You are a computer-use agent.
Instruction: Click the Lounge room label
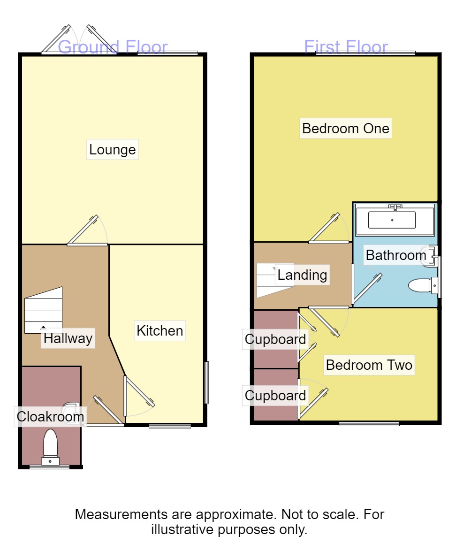click(x=113, y=150)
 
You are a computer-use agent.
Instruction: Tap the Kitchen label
click(x=160, y=330)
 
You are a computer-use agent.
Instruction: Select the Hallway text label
click(x=68, y=338)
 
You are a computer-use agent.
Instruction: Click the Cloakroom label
click(x=50, y=416)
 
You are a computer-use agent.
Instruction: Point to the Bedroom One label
click(x=346, y=128)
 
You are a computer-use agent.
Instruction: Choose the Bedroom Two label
click(x=369, y=365)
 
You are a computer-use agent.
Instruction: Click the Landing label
click(x=302, y=275)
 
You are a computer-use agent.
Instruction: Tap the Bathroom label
click(x=396, y=255)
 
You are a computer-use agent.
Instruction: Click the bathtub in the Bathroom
click(x=392, y=220)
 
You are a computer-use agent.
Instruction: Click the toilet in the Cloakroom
click(x=50, y=446)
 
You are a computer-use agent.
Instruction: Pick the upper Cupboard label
click(x=275, y=339)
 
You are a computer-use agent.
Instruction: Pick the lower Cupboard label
click(x=275, y=396)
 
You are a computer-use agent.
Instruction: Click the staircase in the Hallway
click(x=43, y=310)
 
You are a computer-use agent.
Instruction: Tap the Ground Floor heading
click(x=113, y=47)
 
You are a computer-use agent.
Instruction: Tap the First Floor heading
click(x=346, y=47)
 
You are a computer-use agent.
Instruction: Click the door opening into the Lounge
click(x=87, y=232)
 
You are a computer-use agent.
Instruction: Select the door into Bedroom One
click(x=328, y=230)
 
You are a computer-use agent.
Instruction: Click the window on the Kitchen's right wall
click(x=206, y=383)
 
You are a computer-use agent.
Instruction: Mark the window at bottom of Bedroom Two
click(x=369, y=424)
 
